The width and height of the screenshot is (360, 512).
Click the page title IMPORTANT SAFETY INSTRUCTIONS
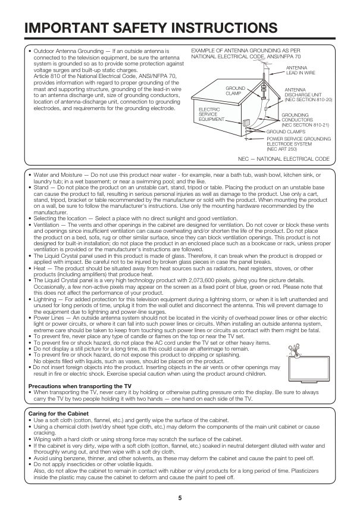point(151,28)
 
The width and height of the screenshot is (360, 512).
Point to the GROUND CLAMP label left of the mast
point(233,90)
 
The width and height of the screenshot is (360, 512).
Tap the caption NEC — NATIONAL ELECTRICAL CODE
point(283,159)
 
